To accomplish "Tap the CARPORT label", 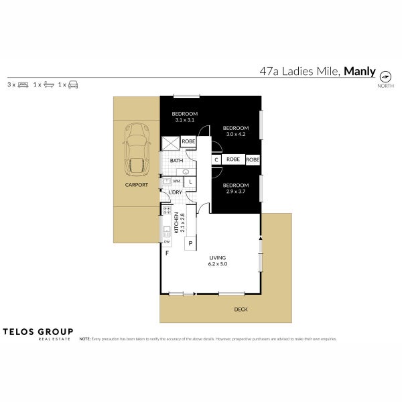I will [x=136, y=184].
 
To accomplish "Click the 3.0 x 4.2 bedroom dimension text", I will [x=236, y=133].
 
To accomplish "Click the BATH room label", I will [x=176, y=161].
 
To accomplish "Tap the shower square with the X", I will [x=170, y=142].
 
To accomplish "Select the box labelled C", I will [x=216, y=159].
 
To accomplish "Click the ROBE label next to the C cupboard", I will [x=233, y=159].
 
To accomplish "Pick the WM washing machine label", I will [x=176, y=182].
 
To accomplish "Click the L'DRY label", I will [x=176, y=193].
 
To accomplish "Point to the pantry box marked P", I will [x=190, y=243].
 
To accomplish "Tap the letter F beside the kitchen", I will [x=167, y=253].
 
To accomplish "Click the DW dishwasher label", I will [x=165, y=241].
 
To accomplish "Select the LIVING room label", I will [x=218, y=257].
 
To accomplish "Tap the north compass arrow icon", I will [x=385, y=76].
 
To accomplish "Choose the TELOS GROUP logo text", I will [x=38, y=331].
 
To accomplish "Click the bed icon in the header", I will [x=23, y=85].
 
